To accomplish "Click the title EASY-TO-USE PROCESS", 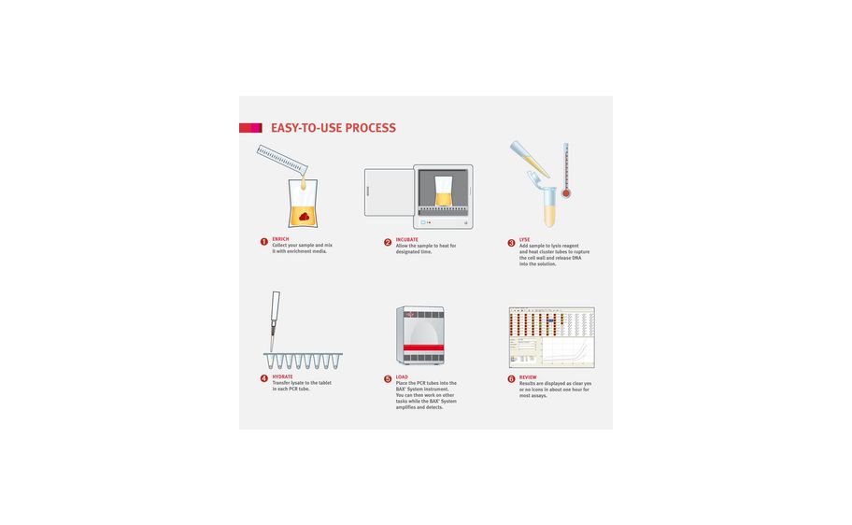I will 333,128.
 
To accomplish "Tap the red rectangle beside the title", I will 249,128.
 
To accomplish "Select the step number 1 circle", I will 264,242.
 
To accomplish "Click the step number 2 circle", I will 388,242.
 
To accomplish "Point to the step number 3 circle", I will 511,243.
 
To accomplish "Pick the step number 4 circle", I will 264,378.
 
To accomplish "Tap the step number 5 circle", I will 388,379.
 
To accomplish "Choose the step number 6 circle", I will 511,379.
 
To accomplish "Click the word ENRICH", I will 280,239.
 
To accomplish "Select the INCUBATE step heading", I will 406,240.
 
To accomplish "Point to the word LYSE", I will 524,240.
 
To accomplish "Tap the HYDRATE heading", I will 282,376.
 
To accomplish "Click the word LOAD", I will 402,377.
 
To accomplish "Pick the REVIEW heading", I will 528,377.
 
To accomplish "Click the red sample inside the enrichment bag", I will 304,217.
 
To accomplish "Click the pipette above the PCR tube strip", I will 275,318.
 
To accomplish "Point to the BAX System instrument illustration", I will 421,335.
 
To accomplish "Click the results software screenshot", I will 551,337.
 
